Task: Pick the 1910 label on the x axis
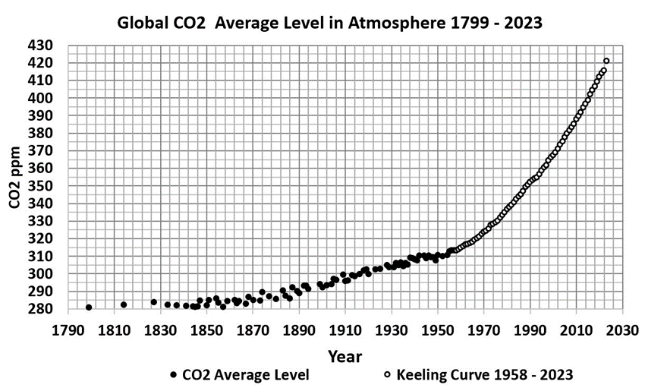[x=346, y=331]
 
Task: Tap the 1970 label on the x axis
[x=485, y=331]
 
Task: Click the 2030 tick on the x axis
[x=625, y=331]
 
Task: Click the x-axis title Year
[x=345, y=356]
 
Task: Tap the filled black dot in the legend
[x=174, y=375]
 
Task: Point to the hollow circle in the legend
[x=387, y=375]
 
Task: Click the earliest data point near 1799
[x=89, y=307]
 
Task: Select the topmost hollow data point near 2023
[x=606, y=61]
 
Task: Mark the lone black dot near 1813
[x=124, y=304]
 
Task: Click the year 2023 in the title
[x=523, y=22]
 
